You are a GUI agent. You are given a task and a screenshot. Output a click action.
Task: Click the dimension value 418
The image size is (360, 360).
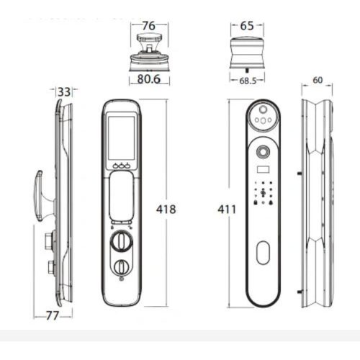pyautogui.click(x=166, y=210)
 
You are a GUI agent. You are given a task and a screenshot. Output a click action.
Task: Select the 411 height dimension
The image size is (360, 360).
pyautogui.click(x=227, y=210)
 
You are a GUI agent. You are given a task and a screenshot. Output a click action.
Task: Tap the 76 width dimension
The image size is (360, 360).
pyautogui.click(x=149, y=26)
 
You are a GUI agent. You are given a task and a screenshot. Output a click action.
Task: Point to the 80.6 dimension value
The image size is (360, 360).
pyautogui.click(x=149, y=79)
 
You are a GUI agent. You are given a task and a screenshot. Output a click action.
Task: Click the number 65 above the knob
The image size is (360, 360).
pyautogui.click(x=247, y=26)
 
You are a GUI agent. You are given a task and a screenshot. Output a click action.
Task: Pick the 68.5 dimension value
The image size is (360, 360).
pyautogui.click(x=248, y=81)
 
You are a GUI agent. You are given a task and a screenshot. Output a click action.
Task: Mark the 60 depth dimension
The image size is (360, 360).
pyautogui.click(x=318, y=80)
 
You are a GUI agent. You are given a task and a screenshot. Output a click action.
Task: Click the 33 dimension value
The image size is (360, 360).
pyautogui.click(x=64, y=92)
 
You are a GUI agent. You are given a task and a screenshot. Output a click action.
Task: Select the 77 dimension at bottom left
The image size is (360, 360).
pyautogui.click(x=53, y=316)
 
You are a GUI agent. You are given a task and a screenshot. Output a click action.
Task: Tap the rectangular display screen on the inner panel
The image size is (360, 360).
pyautogui.click(x=121, y=138)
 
